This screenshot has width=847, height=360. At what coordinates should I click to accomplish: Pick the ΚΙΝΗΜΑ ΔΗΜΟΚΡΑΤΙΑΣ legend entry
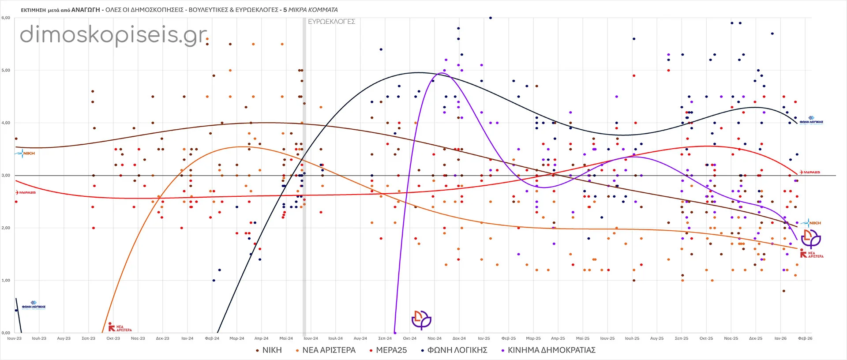[551, 350]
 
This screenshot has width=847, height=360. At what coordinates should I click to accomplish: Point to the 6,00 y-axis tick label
[6, 18]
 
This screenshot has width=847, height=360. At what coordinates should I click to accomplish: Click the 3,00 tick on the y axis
[6, 176]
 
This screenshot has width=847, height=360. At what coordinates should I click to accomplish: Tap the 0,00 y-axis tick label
[6, 333]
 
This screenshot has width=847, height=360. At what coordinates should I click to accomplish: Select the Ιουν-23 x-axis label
[15, 338]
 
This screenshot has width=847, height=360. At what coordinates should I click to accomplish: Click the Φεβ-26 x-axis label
[805, 338]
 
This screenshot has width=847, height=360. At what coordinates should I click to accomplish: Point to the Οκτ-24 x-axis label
[410, 338]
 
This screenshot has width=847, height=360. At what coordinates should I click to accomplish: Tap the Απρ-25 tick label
[558, 338]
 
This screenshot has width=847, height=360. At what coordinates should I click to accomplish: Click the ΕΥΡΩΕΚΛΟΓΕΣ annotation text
[331, 22]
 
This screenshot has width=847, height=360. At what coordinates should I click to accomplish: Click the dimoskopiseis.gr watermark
[114, 34]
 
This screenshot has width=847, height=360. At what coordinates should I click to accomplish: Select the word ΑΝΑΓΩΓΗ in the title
[86, 10]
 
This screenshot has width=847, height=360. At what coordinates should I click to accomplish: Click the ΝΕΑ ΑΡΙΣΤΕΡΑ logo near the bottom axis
[120, 327]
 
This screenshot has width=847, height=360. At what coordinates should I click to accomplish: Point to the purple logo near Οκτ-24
[421, 320]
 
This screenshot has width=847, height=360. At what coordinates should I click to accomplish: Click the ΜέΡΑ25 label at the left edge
[26, 193]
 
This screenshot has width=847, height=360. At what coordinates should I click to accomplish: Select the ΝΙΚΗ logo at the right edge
[813, 223]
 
